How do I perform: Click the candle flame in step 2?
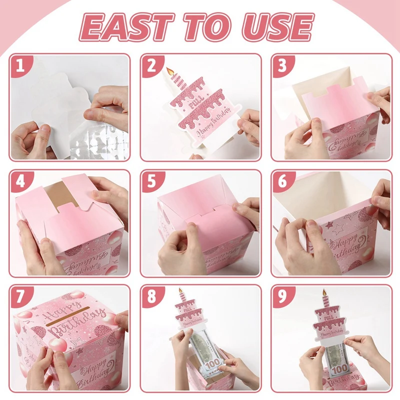pyautogui.click(x=169, y=71)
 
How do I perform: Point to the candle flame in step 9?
pyautogui.click(x=325, y=291)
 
